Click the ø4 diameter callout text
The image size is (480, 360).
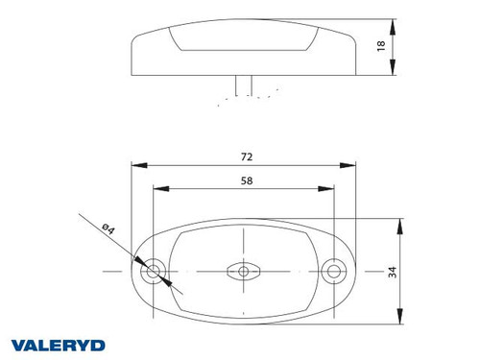point(108,228)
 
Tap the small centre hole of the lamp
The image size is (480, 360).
point(244,273)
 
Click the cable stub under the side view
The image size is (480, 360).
point(244,87)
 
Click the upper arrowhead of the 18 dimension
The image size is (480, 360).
point(396,23)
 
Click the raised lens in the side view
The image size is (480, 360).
point(244,38)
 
